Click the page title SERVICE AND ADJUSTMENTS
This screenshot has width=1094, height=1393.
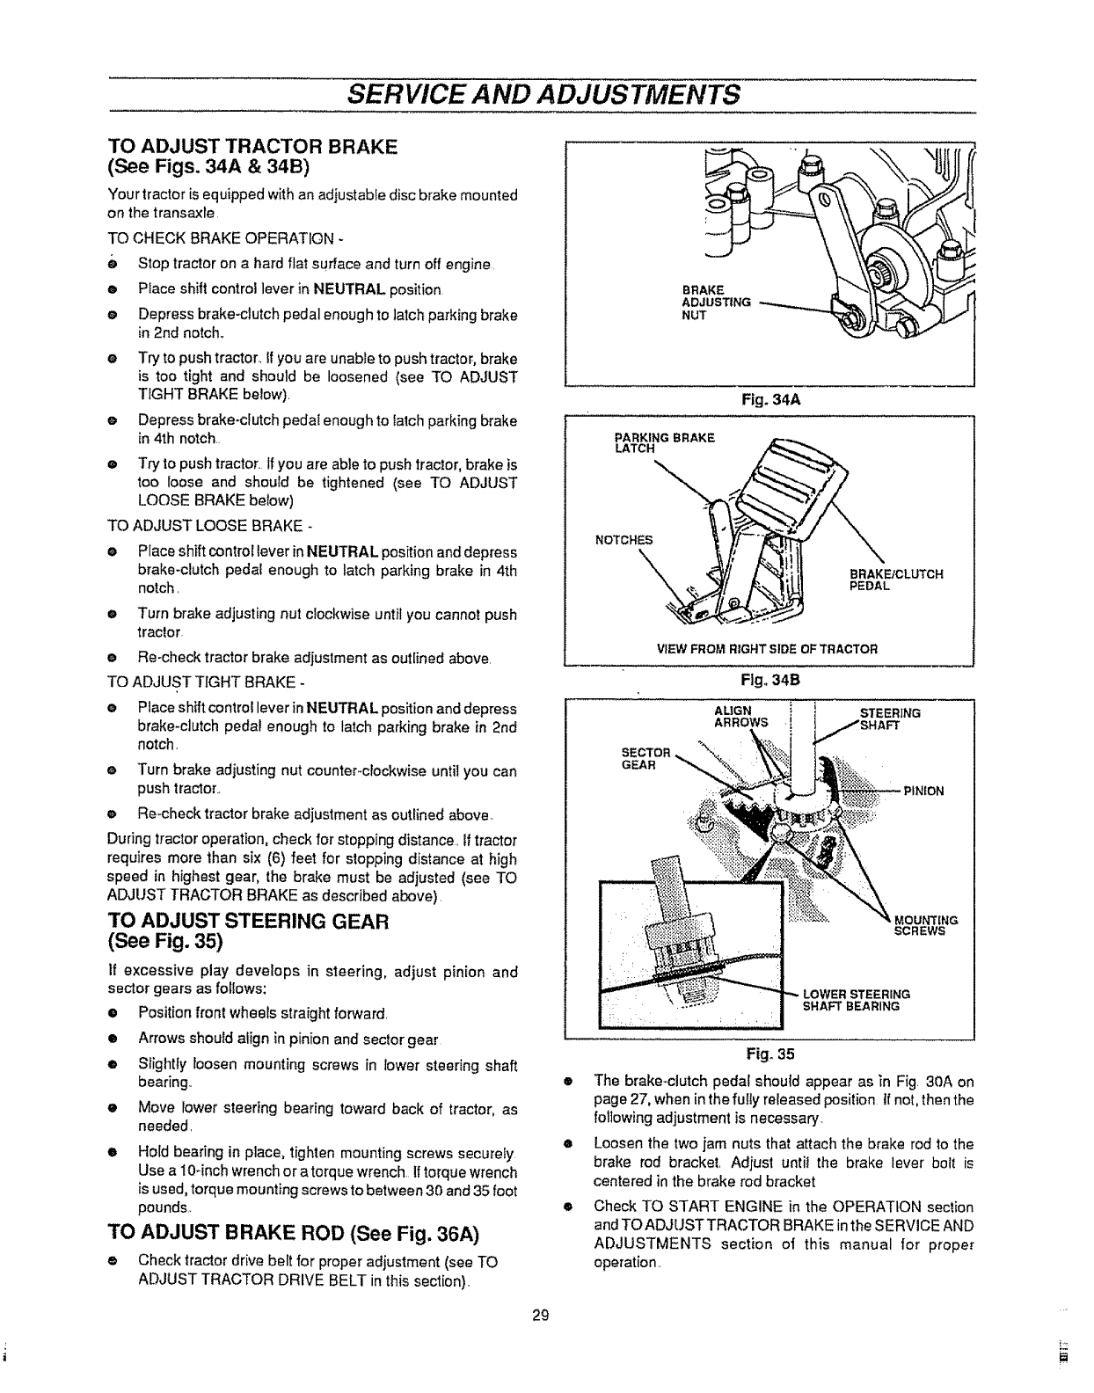pyautogui.click(x=544, y=94)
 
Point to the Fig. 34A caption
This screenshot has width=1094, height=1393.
pyautogui.click(x=769, y=399)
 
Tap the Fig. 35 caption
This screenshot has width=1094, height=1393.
pyautogui.click(x=769, y=1054)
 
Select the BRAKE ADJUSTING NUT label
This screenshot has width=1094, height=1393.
pyautogui.click(x=716, y=303)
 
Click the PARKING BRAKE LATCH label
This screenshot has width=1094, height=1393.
pyautogui.click(x=664, y=443)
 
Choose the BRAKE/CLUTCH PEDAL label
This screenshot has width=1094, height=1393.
pyautogui.click(x=895, y=580)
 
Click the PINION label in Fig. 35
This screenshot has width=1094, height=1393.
pyautogui.click(x=923, y=791)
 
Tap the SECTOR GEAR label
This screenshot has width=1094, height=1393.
pyautogui.click(x=645, y=758)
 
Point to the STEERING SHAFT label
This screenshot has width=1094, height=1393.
pyautogui.click(x=889, y=718)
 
